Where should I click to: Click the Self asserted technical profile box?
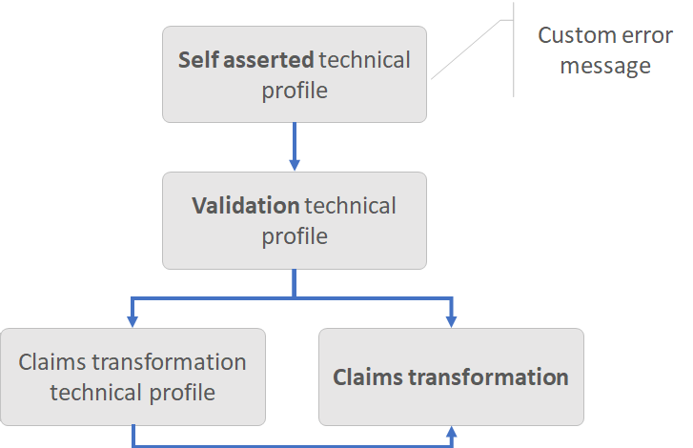click(x=294, y=74)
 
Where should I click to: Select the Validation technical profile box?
click(x=294, y=220)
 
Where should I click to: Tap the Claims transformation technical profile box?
click(x=132, y=377)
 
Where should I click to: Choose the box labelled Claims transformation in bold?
click(x=451, y=377)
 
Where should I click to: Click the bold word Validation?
click(x=245, y=206)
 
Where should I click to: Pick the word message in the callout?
click(x=604, y=66)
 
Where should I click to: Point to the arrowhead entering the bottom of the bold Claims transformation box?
click(x=451, y=432)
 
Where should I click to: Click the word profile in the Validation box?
click(x=294, y=234)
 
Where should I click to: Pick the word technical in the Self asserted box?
click(x=365, y=60)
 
